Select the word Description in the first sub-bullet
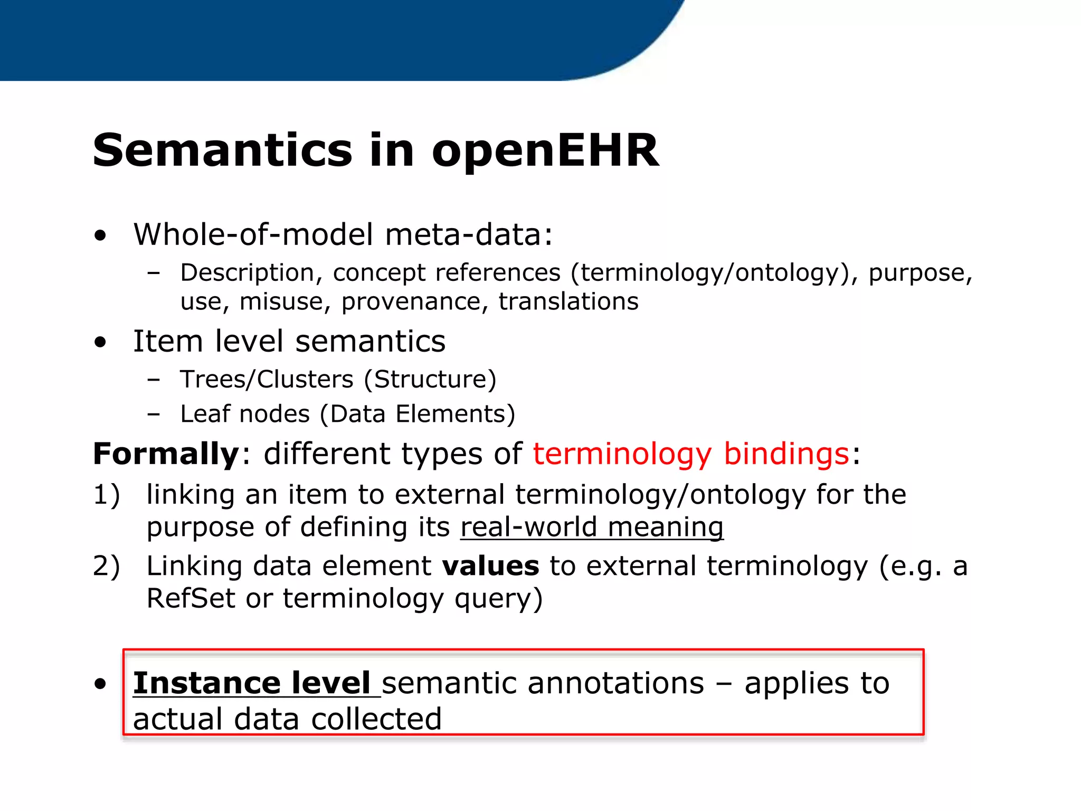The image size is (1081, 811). [x=248, y=274]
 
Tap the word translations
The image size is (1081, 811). [x=568, y=302]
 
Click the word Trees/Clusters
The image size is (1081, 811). [x=267, y=380]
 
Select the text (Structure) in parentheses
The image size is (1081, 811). [x=435, y=380]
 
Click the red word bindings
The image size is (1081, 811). [x=786, y=454]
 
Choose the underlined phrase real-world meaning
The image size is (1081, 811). [x=592, y=527]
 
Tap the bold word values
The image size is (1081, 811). [x=490, y=566]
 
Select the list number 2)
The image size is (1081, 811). [x=107, y=566]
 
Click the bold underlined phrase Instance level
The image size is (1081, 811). [x=251, y=683]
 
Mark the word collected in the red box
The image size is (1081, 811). [x=376, y=720]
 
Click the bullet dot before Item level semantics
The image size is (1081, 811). [x=100, y=342]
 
